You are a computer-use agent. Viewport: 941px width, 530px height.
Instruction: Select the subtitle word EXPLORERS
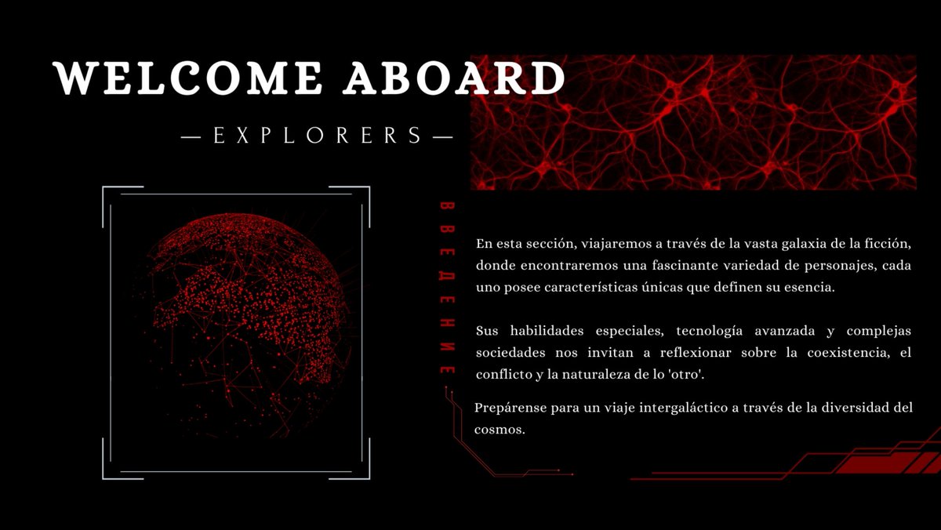click(318, 136)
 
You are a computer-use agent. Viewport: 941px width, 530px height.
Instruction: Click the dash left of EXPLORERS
click(192, 137)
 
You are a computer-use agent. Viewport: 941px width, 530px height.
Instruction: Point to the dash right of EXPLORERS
click(442, 137)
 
